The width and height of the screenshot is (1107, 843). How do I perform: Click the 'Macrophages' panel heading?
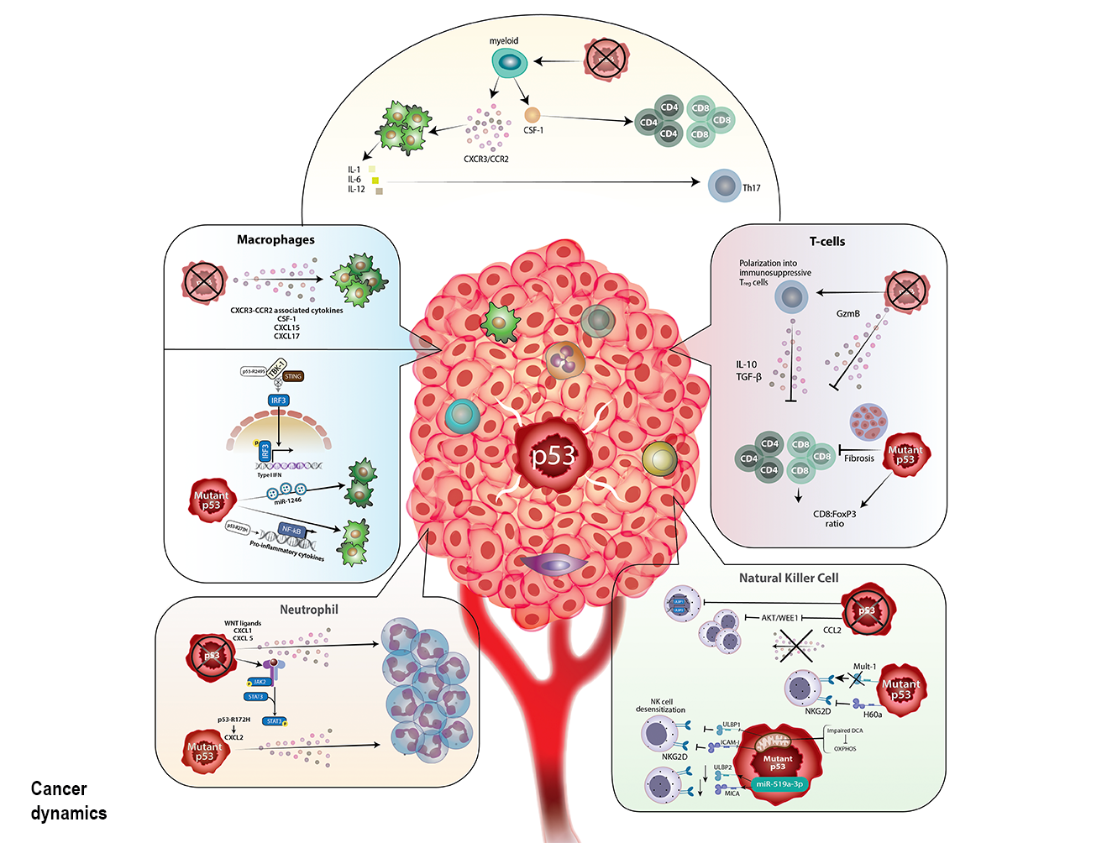(275, 240)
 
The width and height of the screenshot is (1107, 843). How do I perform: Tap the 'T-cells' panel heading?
(826, 242)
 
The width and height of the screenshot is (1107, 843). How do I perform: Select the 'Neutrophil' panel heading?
(309, 610)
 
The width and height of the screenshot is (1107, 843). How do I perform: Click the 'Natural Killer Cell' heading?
(788, 578)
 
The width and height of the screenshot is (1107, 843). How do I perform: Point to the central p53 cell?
(553, 455)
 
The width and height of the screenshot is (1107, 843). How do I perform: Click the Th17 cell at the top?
(724, 186)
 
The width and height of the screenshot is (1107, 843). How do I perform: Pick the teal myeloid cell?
(508, 61)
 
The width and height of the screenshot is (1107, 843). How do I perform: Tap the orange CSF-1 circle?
(532, 114)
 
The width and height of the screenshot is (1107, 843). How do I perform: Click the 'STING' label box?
(293, 376)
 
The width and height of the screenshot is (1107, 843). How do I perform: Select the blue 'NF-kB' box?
(291, 530)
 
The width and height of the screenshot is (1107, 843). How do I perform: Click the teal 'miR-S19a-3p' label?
(779, 783)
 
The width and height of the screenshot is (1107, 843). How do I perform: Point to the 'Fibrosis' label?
(858, 458)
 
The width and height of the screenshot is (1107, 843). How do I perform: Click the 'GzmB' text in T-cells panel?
(847, 314)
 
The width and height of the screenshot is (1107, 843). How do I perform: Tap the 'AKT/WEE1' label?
(779, 618)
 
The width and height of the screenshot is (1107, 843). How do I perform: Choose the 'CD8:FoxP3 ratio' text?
(834, 519)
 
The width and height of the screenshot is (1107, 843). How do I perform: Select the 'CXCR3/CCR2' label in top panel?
(485, 159)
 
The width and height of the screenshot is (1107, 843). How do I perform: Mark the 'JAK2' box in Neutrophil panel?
(260, 682)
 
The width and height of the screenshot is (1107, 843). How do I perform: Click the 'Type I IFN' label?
(269, 475)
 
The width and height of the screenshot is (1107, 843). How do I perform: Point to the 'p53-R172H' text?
(233, 720)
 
